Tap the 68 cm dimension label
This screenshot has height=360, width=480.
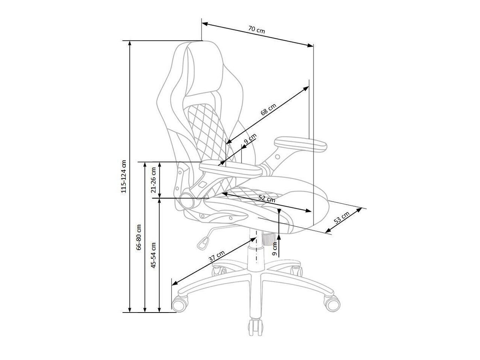268,110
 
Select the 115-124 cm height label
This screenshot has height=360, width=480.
124,176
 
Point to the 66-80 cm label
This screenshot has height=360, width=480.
138,237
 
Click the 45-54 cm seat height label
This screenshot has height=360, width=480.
154,255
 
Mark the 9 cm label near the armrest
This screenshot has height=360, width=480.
250,139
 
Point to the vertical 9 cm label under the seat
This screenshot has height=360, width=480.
274,248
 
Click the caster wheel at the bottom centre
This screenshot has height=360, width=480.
255,326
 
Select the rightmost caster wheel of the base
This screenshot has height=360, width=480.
331,303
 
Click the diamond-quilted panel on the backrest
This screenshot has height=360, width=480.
206,123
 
